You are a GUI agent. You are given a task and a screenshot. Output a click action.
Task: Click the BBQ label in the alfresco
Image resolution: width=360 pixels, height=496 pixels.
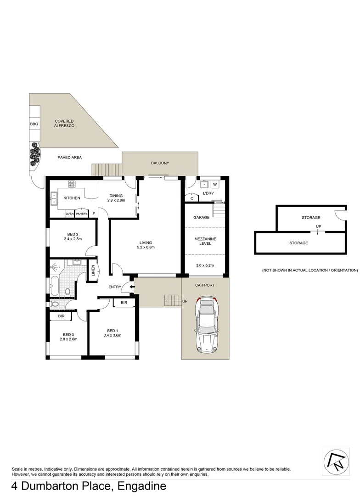pyautogui.click(x=34, y=124)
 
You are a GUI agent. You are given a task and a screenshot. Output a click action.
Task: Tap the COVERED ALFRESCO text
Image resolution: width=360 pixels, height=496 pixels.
pyautogui.click(x=64, y=124)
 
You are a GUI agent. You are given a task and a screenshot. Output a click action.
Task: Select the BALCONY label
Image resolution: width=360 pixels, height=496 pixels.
pyautogui.click(x=160, y=163)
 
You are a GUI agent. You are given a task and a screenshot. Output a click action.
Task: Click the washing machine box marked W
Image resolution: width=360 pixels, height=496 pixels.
pyautogui.click(x=215, y=185)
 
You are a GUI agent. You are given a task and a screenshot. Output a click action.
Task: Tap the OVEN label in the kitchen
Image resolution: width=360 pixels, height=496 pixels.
pyautogui.click(x=69, y=214)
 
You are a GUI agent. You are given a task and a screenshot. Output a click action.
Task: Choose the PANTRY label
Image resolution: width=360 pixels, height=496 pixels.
pyautogui.click(x=81, y=214)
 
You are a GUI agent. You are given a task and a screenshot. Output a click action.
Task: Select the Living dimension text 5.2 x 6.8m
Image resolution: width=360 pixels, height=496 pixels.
pyautogui.click(x=146, y=248)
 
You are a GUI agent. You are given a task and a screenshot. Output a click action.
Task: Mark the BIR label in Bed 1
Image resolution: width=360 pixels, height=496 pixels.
pyautogui.click(x=124, y=303)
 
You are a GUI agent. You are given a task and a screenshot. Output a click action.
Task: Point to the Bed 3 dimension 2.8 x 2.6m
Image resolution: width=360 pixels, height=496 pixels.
pyautogui.click(x=68, y=339)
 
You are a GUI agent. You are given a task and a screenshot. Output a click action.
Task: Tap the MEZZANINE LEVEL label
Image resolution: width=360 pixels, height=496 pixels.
pyautogui.click(x=205, y=241)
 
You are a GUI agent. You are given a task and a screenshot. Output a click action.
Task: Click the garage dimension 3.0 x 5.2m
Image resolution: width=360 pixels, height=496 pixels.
pyautogui.click(x=205, y=265)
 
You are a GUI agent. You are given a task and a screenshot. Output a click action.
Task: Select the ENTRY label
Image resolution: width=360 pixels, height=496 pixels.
pyautogui.click(x=115, y=287)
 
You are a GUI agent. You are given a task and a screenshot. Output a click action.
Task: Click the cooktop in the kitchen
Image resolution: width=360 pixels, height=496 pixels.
pyautogui.click(x=72, y=184)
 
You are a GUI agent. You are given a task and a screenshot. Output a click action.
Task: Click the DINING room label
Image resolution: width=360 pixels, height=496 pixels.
pyautogui.click(x=116, y=196)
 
